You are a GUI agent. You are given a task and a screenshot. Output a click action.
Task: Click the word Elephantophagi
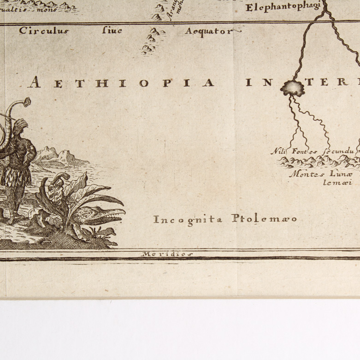click(x=283, y=7)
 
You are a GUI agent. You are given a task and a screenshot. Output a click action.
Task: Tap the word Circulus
click(x=43, y=31)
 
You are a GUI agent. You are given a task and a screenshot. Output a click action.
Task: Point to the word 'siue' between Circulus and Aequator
click(x=112, y=31)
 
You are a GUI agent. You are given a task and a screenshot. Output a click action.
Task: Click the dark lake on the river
click(x=292, y=87)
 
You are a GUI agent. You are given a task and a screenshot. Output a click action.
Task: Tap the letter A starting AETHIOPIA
click(x=33, y=83)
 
